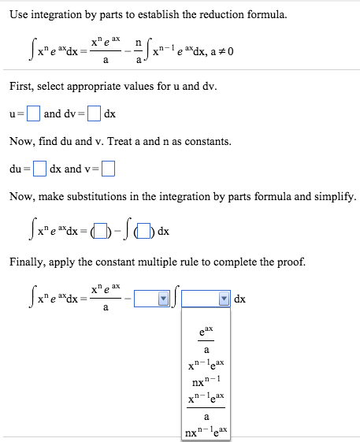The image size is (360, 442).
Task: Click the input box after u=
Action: (33, 113)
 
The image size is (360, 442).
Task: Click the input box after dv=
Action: (94, 113)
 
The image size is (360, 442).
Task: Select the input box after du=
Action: (39, 169)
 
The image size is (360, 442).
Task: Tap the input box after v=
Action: (108, 169)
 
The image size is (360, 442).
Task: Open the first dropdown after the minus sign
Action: (152, 299)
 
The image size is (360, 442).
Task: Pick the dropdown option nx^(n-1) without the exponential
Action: (206, 383)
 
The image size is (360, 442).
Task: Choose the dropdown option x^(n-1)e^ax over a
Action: (206, 407)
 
